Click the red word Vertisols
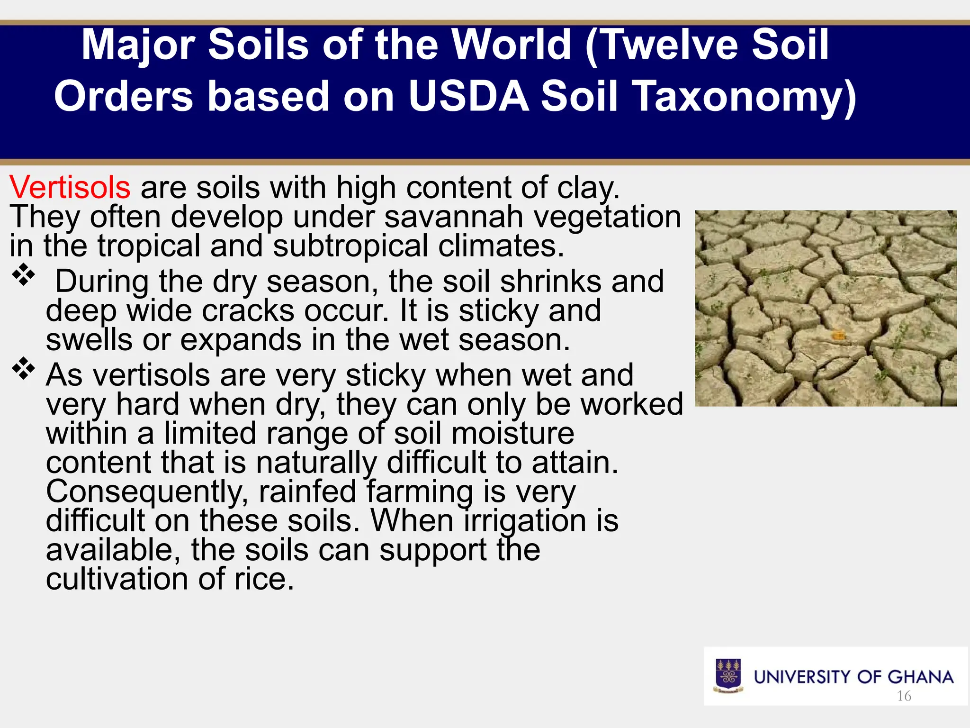pos(70,187)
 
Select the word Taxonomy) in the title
pos(698,96)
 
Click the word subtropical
pos(350,246)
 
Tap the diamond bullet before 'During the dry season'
pos(24,274)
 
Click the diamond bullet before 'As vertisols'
pos(24,368)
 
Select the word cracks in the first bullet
pos(248,311)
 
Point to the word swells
pos(89,340)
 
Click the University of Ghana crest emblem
pos(728,675)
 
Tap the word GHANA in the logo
pos(920,677)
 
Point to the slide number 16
pos(904,696)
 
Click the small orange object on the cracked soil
pos(838,336)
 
